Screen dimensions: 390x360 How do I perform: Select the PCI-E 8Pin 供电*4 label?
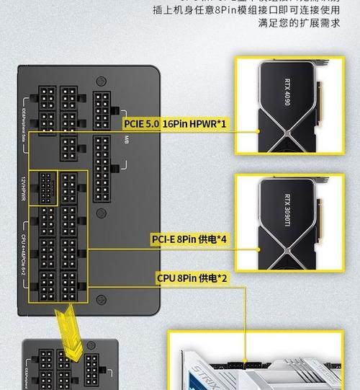point(189,238)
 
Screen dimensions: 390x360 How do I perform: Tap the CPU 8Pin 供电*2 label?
point(192,278)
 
